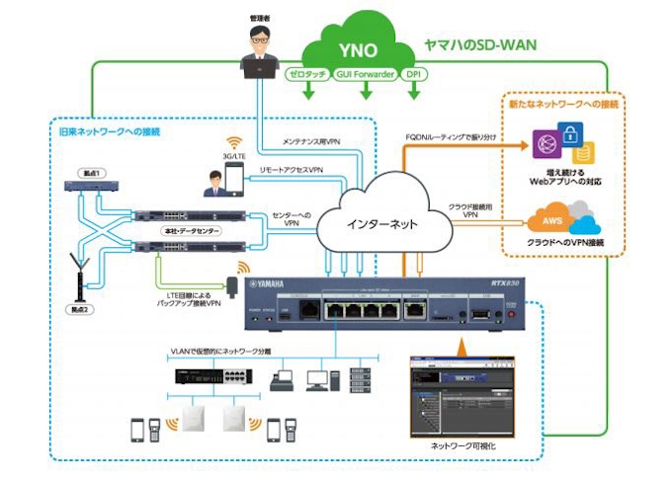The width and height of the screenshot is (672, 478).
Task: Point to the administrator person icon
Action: click(x=261, y=49)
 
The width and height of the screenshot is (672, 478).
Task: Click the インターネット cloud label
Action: click(x=379, y=223)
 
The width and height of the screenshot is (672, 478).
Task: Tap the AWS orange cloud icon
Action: click(x=548, y=219)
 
